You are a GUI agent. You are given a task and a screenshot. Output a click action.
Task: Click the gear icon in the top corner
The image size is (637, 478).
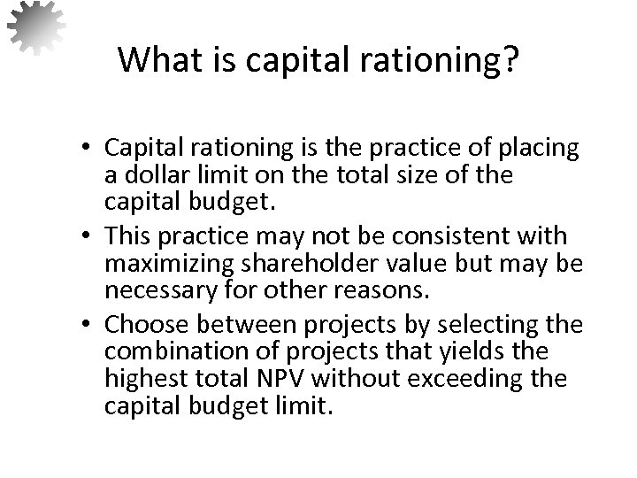tap(36, 27)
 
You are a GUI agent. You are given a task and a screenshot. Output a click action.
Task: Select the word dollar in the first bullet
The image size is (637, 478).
tap(154, 176)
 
